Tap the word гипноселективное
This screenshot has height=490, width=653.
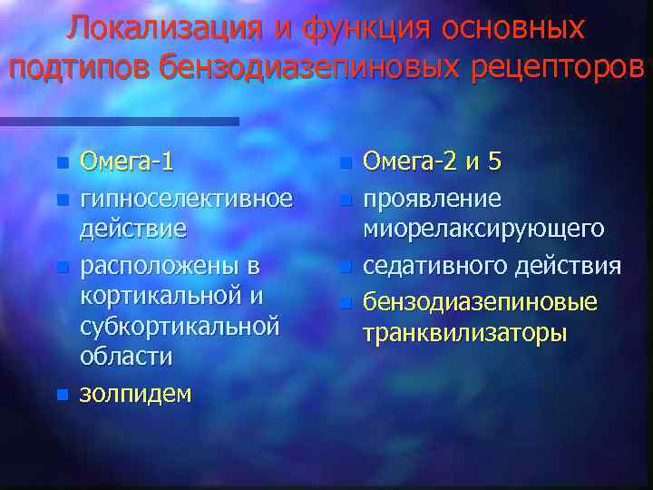187,197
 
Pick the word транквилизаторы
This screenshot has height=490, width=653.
465,332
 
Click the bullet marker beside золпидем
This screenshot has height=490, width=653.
61,395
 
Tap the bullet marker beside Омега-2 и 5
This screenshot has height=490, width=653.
344,164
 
